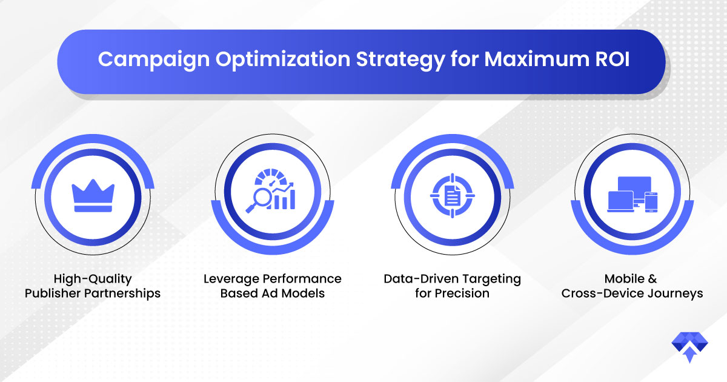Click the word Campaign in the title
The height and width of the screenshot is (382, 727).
pos(154,60)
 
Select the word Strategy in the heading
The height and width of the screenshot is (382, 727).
pos(400,60)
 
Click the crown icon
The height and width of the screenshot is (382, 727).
pos(93,195)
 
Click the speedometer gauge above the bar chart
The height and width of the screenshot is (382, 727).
pos(271,177)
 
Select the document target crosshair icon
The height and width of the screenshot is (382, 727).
pos(453,196)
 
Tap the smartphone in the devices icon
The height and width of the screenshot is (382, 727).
pos(651,202)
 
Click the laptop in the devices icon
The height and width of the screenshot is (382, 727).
pos(620,202)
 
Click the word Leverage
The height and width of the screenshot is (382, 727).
pos(231,279)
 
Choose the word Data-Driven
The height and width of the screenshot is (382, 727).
pos(421,279)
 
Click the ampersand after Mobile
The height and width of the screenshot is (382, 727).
pos(652,279)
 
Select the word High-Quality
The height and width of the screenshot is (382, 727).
pos(93,279)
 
